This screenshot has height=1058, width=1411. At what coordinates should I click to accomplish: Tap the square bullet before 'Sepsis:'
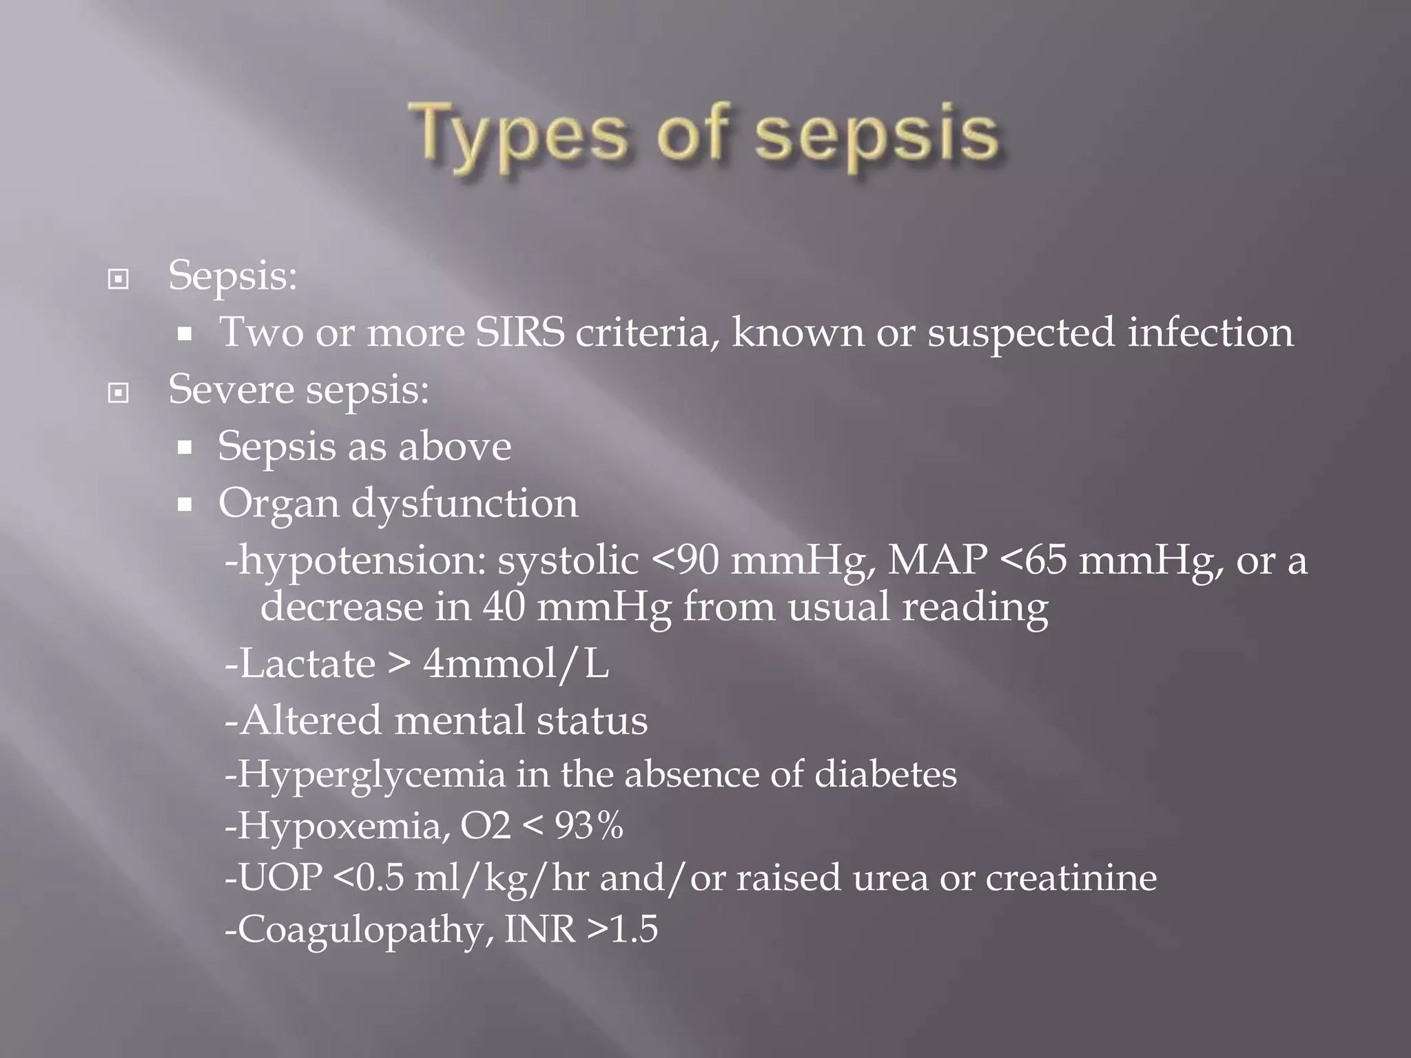119,280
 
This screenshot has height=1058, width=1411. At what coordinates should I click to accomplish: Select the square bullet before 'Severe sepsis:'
119,393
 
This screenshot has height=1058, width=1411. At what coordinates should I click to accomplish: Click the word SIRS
520,332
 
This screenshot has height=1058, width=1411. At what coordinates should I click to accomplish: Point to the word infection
1211,332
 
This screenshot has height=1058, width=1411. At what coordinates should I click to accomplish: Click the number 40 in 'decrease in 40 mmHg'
504,608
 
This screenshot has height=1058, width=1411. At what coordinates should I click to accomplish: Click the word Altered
311,720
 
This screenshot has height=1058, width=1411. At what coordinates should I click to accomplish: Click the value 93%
589,825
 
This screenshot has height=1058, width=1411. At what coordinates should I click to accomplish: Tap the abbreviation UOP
280,878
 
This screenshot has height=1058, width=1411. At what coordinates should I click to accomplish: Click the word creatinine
1071,878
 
